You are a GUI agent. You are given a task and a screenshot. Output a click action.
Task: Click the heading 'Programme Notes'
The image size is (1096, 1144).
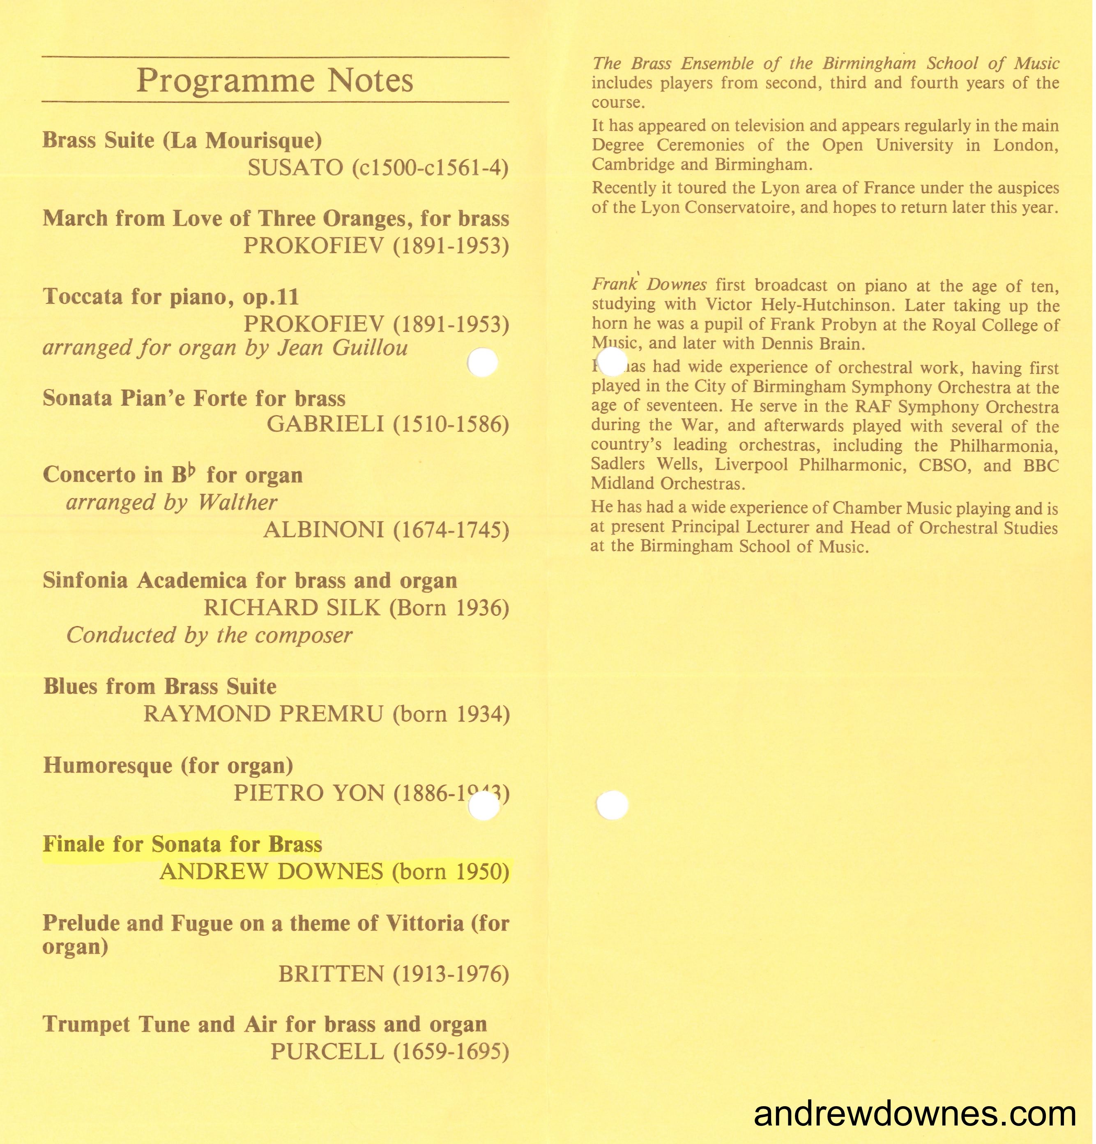275,81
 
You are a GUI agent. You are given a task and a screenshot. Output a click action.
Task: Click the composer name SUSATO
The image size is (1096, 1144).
295,168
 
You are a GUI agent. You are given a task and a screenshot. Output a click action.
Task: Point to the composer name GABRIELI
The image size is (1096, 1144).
325,424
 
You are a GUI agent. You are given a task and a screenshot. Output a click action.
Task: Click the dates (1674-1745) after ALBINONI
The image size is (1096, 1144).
451,530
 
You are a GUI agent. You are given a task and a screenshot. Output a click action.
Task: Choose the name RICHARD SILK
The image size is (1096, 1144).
292,608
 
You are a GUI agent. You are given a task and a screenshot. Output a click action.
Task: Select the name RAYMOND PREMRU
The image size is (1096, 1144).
263,714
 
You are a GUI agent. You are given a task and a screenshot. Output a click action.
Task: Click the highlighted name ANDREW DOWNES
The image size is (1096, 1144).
271,871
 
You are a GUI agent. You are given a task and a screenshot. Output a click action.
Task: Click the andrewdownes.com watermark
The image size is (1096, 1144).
914,1114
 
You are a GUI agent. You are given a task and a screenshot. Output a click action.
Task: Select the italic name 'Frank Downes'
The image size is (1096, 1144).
649,285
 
